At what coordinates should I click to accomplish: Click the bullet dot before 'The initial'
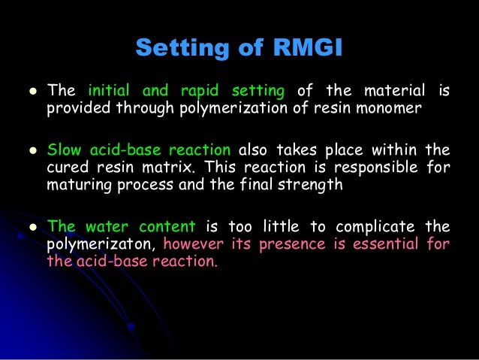pos(30,92)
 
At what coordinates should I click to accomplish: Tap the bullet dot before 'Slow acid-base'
pos(30,150)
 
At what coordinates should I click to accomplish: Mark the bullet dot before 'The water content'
pos(30,226)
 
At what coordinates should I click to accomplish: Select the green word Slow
pos(63,149)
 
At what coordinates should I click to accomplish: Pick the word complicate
pos(373,225)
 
